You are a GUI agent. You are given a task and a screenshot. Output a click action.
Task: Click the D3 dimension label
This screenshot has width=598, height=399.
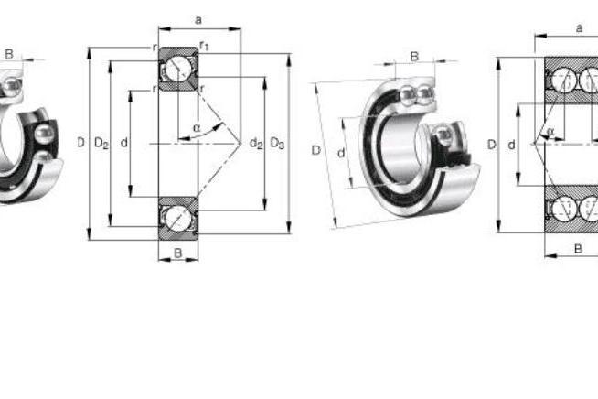point(277,144)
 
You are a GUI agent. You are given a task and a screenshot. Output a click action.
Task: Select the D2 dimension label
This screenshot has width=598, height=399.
point(101,143)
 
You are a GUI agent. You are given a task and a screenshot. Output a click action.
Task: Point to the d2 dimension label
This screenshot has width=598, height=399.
point(256,144)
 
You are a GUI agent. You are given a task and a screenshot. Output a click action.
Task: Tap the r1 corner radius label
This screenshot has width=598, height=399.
point(204,46)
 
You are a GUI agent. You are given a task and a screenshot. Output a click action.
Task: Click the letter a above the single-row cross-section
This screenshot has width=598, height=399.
point(198,20)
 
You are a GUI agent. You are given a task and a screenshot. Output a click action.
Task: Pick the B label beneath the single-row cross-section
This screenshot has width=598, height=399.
point(177,253)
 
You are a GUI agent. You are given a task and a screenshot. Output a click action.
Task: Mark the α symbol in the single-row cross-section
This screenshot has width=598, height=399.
point(197,128)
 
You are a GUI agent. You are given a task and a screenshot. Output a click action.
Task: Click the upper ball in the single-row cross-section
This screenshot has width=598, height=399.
point(178,70)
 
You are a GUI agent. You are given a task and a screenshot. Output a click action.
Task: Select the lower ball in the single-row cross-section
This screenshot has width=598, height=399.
point(178,218)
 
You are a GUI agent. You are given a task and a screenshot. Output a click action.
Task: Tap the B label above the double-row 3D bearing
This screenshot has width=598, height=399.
point(414,57)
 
